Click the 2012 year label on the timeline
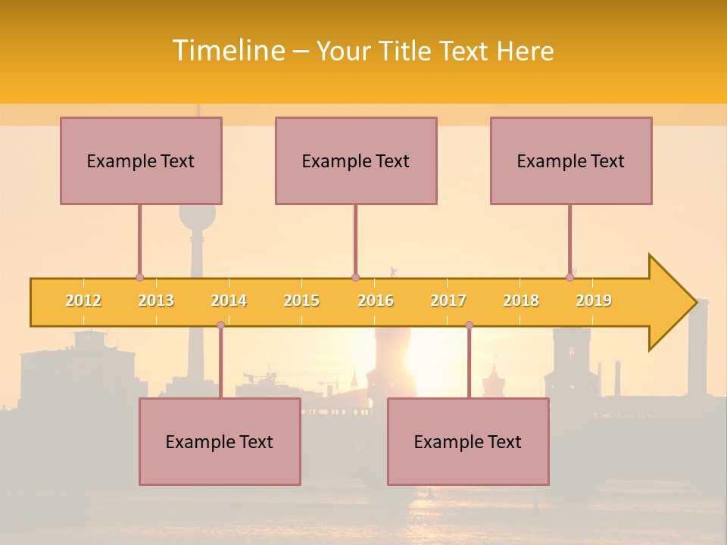click(x=83, y=301)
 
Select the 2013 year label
click(x=156, y=301)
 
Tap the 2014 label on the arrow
click(x=229, y=301)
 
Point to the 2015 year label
click(x=301, y=301)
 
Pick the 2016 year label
click(x=376, y=301)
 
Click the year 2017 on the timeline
click(x=448, y=301)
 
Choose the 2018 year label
click(x=521, y=301)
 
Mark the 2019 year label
click(x=594, y=301)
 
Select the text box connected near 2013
click(x=141, y=160)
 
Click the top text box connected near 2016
click(x=356, y=160)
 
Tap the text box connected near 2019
click(x=571, y=160)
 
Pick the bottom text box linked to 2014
click(x=220, y=441)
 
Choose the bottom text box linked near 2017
click(x=468, y=441)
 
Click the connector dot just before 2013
click(x=139, y=278)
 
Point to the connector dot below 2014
click(x=220, y=325)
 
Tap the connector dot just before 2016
click(x=355, y=278)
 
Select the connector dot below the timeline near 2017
click(x=469, y=325)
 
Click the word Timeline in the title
click(x=227, y=51)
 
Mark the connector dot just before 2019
click(x=569, y=278)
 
